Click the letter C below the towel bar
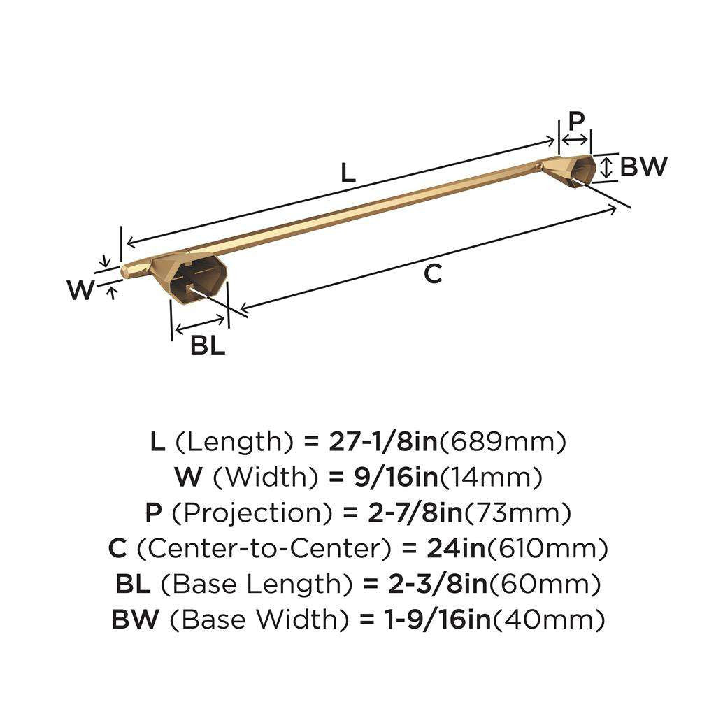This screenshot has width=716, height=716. [434, 275]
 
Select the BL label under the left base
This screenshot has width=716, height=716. [208, 345]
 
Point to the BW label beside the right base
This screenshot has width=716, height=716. [643, 166]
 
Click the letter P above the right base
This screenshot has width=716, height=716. [576, 120]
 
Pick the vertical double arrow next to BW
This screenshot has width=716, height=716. [608, 166]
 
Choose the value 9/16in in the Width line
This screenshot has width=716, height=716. [383, 478]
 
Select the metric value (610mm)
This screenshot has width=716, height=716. [547, 548]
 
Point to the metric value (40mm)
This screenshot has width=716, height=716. [549, 619]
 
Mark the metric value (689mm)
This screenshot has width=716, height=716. [504, 441]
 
